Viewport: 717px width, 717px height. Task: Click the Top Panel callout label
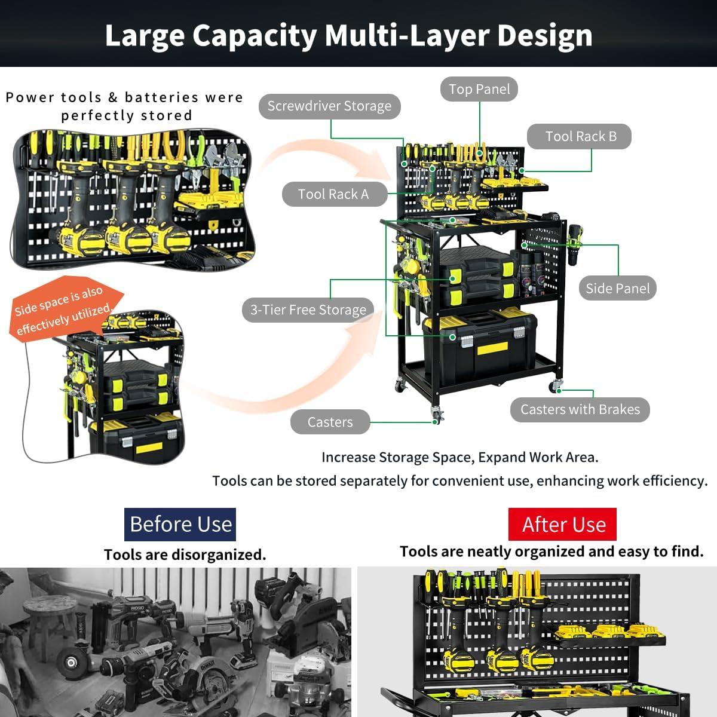479,89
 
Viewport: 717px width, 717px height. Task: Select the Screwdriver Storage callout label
329,106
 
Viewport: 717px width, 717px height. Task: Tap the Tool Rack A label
334,194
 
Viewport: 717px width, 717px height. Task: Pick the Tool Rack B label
579,137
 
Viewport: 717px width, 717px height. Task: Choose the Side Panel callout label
618,289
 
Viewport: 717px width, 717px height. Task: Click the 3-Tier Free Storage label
308,310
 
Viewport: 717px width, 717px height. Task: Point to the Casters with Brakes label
580,410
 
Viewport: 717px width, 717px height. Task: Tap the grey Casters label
330,422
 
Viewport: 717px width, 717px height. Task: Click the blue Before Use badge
180,524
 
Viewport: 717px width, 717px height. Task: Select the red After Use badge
562,524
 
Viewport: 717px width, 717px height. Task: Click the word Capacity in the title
255,36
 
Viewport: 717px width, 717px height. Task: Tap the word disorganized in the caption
219,554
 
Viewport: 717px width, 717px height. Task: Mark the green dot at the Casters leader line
434,422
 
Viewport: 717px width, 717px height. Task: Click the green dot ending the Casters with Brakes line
559,391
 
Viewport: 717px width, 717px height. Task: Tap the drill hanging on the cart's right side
574,244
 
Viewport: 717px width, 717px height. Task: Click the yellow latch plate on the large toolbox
492,348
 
